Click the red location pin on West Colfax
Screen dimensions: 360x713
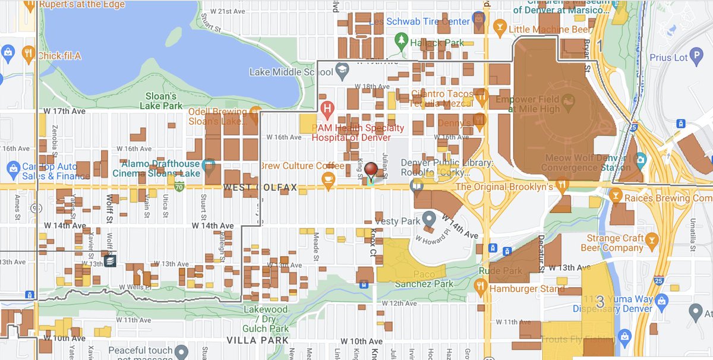371,170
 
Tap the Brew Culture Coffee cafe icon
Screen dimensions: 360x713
327,178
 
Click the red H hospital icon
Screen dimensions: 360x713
326,109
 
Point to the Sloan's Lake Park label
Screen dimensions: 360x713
161,101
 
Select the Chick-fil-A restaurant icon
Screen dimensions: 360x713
27,55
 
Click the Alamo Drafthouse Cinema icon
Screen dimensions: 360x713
209,164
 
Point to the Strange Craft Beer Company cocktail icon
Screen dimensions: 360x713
652,239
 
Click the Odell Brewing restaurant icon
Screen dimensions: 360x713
255,112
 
